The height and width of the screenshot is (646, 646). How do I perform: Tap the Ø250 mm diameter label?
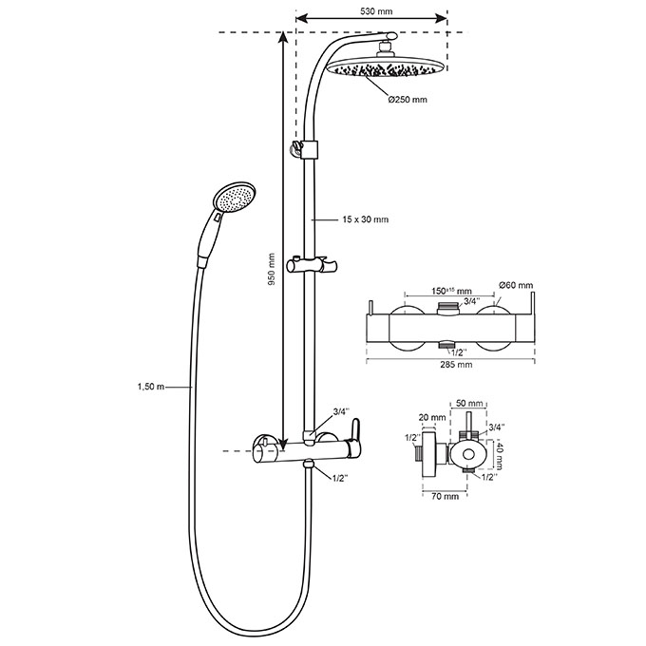407,100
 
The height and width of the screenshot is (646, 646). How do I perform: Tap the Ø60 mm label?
517,285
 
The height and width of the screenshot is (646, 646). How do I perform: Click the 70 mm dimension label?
444,496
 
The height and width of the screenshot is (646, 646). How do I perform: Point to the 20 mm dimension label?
432,417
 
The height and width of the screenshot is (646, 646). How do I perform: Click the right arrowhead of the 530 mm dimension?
444,18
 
